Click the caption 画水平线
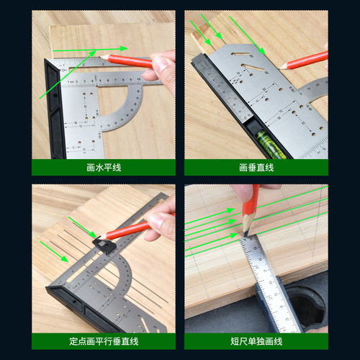click(x=103, y=166)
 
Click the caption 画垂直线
click(x=256, y=166)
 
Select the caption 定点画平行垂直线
click(x=103, y=341)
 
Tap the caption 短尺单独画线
click(x=256, y=341)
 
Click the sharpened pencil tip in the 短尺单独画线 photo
click(x=246, y=232)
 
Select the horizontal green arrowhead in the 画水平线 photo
click(x=124, y=48)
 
